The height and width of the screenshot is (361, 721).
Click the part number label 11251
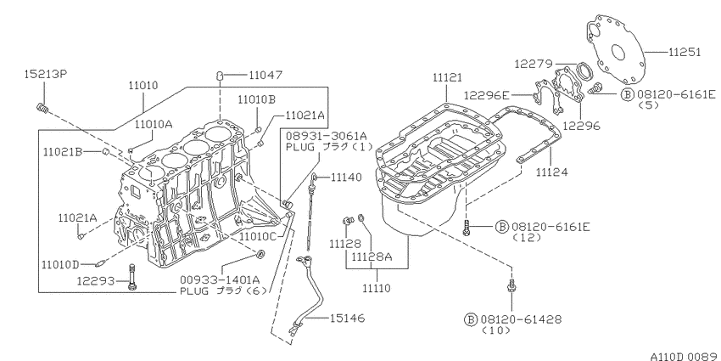(685, 52)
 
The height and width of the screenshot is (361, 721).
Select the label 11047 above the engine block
(265, 75)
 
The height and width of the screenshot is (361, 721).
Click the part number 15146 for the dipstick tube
(347, 319)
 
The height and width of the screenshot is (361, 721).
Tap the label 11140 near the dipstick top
(346, 177)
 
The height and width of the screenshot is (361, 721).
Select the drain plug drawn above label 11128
(348, 221)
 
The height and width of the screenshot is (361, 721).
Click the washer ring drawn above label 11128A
(362, 217)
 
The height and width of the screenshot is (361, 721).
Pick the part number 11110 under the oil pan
(376, 289)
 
